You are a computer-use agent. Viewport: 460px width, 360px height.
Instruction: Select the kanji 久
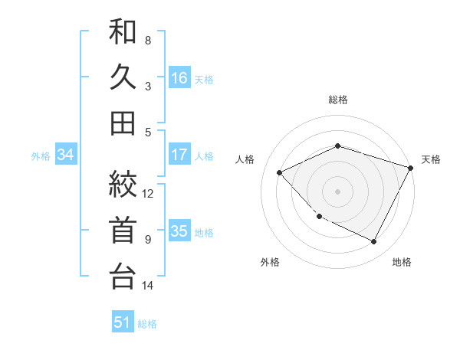pos(123,78)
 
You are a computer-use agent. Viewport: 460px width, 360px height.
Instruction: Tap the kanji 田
pos(123,123)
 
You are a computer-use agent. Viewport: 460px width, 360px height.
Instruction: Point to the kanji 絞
pos(123,185)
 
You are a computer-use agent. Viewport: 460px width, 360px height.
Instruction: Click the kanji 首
pos(123,231)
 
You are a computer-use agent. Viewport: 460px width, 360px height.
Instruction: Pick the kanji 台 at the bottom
pos(123,275)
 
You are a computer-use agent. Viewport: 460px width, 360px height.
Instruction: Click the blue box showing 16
pos(179,77)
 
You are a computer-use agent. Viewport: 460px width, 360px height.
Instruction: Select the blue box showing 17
pos(179,155)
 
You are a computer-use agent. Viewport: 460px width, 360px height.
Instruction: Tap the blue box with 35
pos(179,231)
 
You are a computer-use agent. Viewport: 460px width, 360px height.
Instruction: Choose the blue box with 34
pos(66,155)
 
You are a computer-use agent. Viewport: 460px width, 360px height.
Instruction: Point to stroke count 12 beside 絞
pos(149,193)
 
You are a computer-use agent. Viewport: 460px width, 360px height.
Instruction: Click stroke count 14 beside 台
pos(149,286)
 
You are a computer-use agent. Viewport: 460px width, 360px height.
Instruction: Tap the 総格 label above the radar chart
pos(338,100)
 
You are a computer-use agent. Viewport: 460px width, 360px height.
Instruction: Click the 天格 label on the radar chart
pos(431,159)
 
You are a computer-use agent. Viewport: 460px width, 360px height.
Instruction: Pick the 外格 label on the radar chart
pos(269,262)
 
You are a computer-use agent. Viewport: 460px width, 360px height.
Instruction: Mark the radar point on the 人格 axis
pos(280,172)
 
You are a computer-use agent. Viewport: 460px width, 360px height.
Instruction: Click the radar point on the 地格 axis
pos(374,241)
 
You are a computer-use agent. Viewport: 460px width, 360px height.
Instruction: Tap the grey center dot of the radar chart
pos(338,191)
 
